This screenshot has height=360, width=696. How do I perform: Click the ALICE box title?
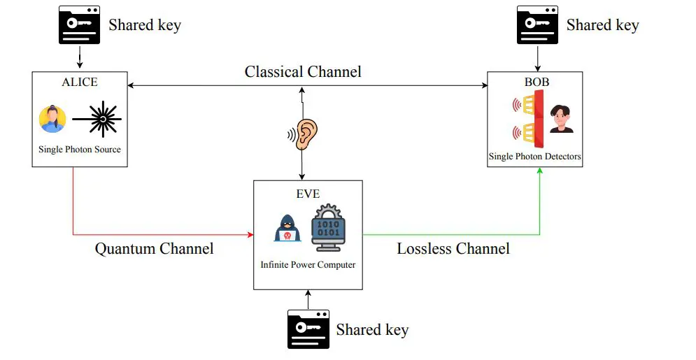(80, 82)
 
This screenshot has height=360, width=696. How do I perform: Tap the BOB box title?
(537, 82)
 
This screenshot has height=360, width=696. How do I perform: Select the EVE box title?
(308, 193)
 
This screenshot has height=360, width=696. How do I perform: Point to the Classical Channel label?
(303, 71)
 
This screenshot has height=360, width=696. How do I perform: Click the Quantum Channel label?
(154, 248)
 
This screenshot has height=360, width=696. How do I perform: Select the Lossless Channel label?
(453, 248)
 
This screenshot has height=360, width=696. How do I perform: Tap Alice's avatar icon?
(52, 120)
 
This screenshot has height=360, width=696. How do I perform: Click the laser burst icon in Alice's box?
(102, 120)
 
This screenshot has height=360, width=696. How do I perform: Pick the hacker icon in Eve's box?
(287, 229)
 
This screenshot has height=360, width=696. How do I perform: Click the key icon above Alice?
(78, 25)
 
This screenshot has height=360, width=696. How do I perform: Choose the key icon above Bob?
(537, 24)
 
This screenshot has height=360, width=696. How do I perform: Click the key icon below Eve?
(308, 329)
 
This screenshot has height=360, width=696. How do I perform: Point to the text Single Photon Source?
(80, 150)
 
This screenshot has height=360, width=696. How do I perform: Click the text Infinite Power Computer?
(308, 265)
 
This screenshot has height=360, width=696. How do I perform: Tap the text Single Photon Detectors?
(535, 157)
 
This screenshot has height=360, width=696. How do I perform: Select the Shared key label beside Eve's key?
(372, 329)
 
